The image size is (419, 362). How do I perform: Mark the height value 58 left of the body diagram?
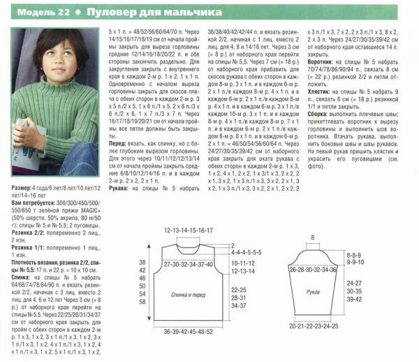142,303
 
